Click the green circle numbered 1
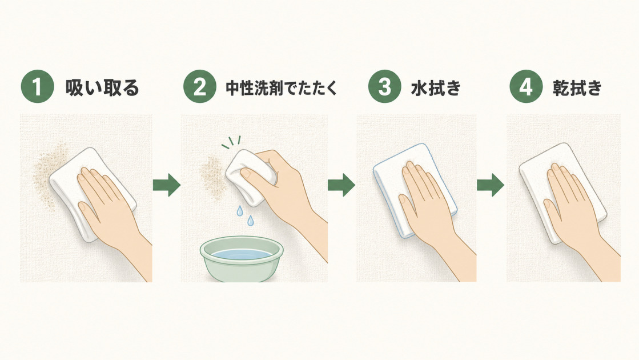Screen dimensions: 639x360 click(x=38, y=86)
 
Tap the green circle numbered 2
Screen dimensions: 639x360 click(x=200, y=86)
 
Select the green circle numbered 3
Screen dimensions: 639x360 click(x=385, y=86)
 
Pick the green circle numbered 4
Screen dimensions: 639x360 click(x=526, y=86)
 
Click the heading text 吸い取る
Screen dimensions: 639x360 click(x=102, y=87)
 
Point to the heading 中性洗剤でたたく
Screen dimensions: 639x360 click(x=282, y=88)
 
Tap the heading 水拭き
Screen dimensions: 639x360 click(x=436, y=88)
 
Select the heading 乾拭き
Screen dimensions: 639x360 click(x=577, y=88)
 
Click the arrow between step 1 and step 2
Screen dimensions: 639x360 click(x=167, y=185)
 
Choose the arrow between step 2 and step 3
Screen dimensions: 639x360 click(x=341, y=185)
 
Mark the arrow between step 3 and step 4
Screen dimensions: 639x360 click(x=491, y=185)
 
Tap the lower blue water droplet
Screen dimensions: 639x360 click(x=250, y=221)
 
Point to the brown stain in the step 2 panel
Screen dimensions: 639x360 click(x=212, y=178)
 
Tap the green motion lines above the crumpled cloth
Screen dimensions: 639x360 click(x=231, y=142)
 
